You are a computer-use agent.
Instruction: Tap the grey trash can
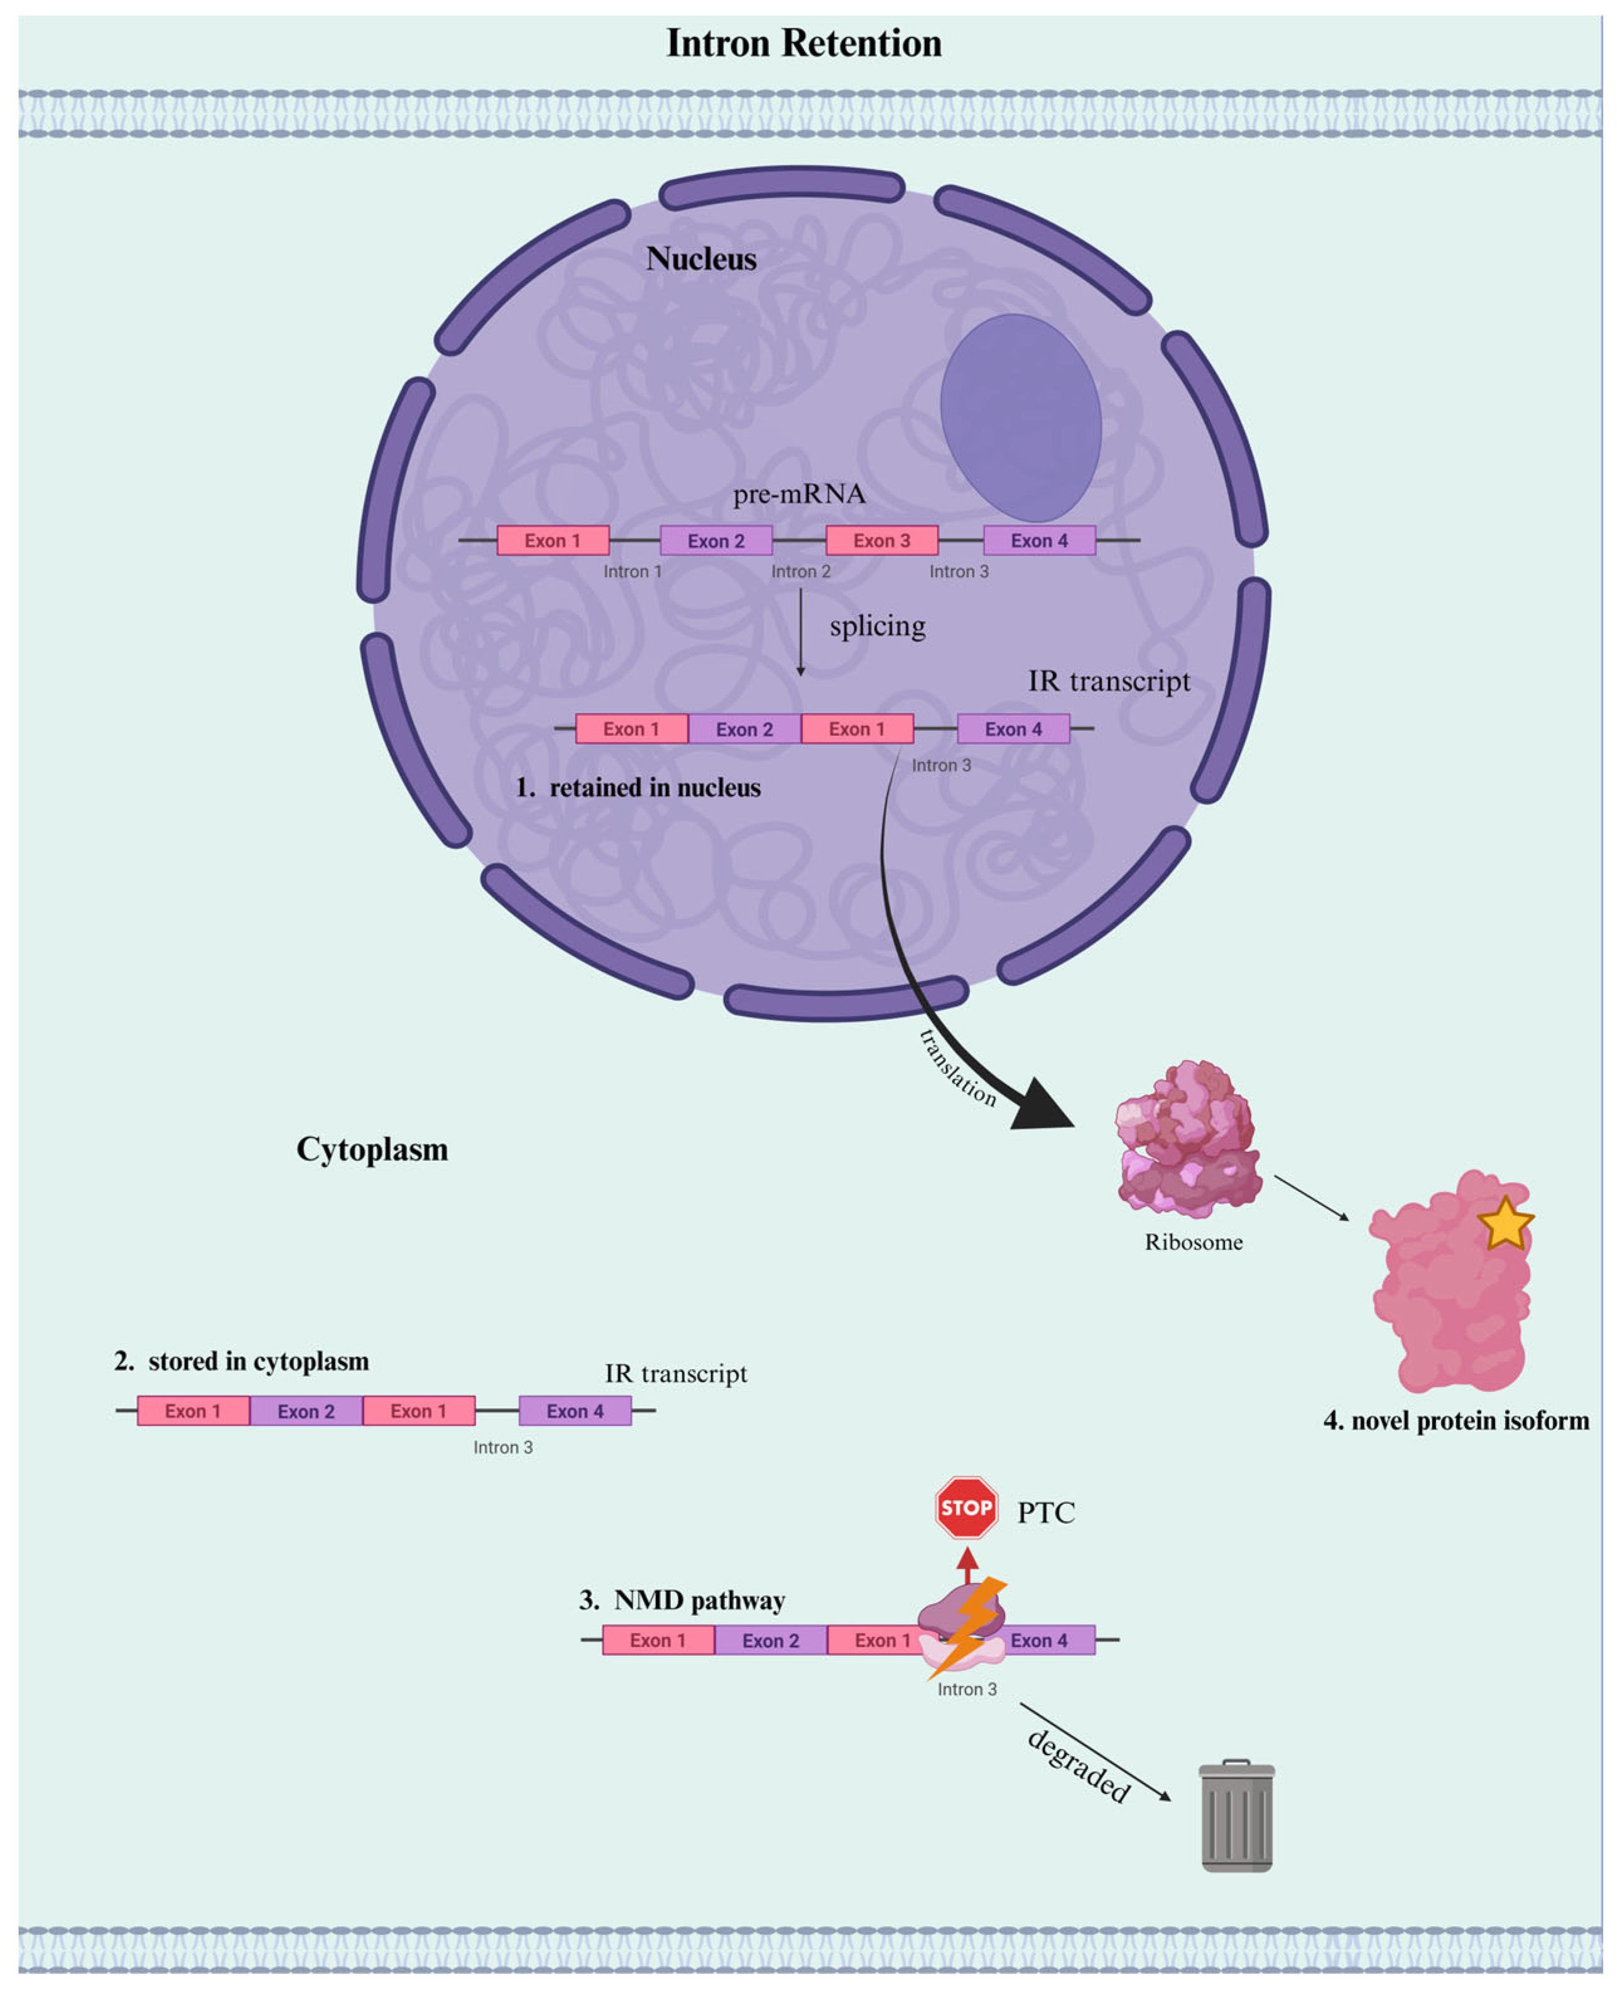click(x=1236, y=1817)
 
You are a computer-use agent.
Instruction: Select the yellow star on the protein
click(x=1505, y=1224)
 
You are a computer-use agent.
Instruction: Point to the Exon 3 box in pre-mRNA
click(x=881, y=540)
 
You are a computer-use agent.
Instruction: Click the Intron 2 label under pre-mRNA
click(x=800, y=571)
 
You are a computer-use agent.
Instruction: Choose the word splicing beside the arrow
click(x=878, y=625)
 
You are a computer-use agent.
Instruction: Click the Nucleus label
click(x=700, y=258)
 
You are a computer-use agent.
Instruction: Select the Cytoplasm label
click(x=372, y=1149)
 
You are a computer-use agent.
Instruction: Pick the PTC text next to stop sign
click(x=1045, y=1512)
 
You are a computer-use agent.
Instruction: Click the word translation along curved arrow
click(x=957, y=1068)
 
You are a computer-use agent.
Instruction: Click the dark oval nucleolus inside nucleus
click(x=1020, y=417)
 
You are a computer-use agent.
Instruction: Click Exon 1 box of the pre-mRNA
click(x=552, y=540)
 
